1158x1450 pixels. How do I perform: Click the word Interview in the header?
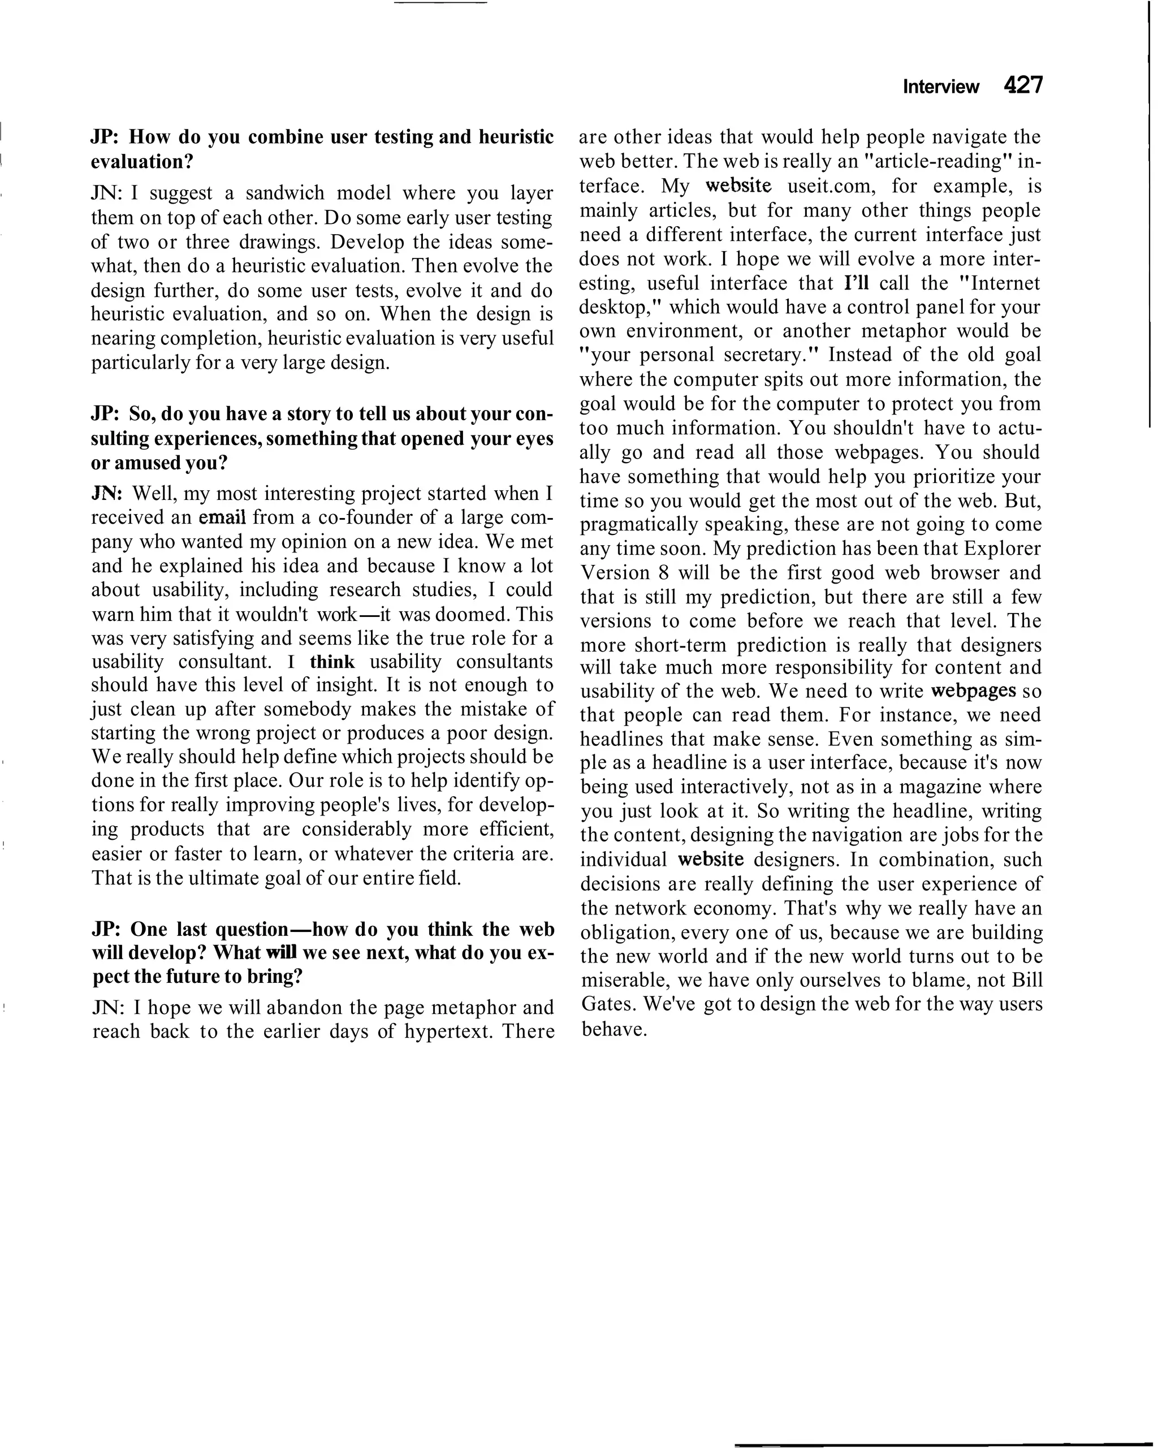click(940, 87)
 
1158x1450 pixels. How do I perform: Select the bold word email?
click(223, 517)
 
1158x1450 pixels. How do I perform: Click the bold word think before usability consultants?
click(332, 662)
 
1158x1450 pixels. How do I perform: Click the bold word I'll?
click(856, 283)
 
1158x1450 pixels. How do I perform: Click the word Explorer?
click(1002, 549)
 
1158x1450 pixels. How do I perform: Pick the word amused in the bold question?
click(141, 463)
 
